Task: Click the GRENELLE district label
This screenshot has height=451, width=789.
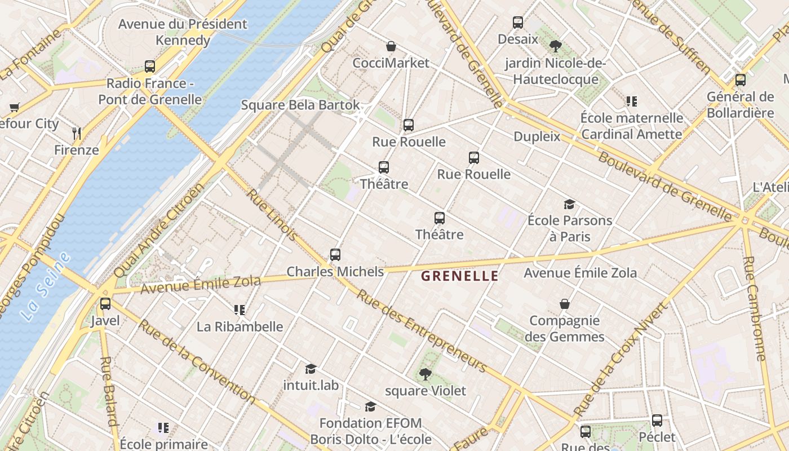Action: pyautogui.click(x=460, y=276)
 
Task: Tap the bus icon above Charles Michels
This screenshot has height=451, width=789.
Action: pyautogui.click(x=335, y=255)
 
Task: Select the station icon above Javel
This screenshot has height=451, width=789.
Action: pyautogui.click(x=105, y=304)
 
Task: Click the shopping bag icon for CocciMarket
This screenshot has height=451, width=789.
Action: pyautogui.click(x=391, y=46)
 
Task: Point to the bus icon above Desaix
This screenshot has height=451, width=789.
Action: pyautogui.click(x=518, y=23)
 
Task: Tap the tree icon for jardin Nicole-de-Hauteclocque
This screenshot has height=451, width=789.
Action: pyautogui.click(x=556, y=46)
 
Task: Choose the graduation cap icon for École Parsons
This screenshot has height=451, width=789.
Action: pyautogui.click(x=570, y=204)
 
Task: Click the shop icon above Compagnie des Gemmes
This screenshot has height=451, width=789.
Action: pyautogui.click(x=565, y=304)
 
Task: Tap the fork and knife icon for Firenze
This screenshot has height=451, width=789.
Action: pyautogui.click(x=77, y=134)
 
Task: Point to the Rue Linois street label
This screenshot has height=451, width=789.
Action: pyautogui.click(x=272, y=215)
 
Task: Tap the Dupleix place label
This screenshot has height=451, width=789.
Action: pyautogui.click(x=537, y=136)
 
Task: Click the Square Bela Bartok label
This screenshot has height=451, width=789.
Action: pyautogui.click(x=300, y=105)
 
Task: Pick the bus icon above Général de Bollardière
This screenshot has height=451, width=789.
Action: pyautogui.click(x=741, y=80)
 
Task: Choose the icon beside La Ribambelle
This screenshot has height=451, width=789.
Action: pyautogui.click(x=240, y=310)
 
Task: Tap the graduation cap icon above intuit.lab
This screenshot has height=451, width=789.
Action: pyautogui.click(x=311, y=369)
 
